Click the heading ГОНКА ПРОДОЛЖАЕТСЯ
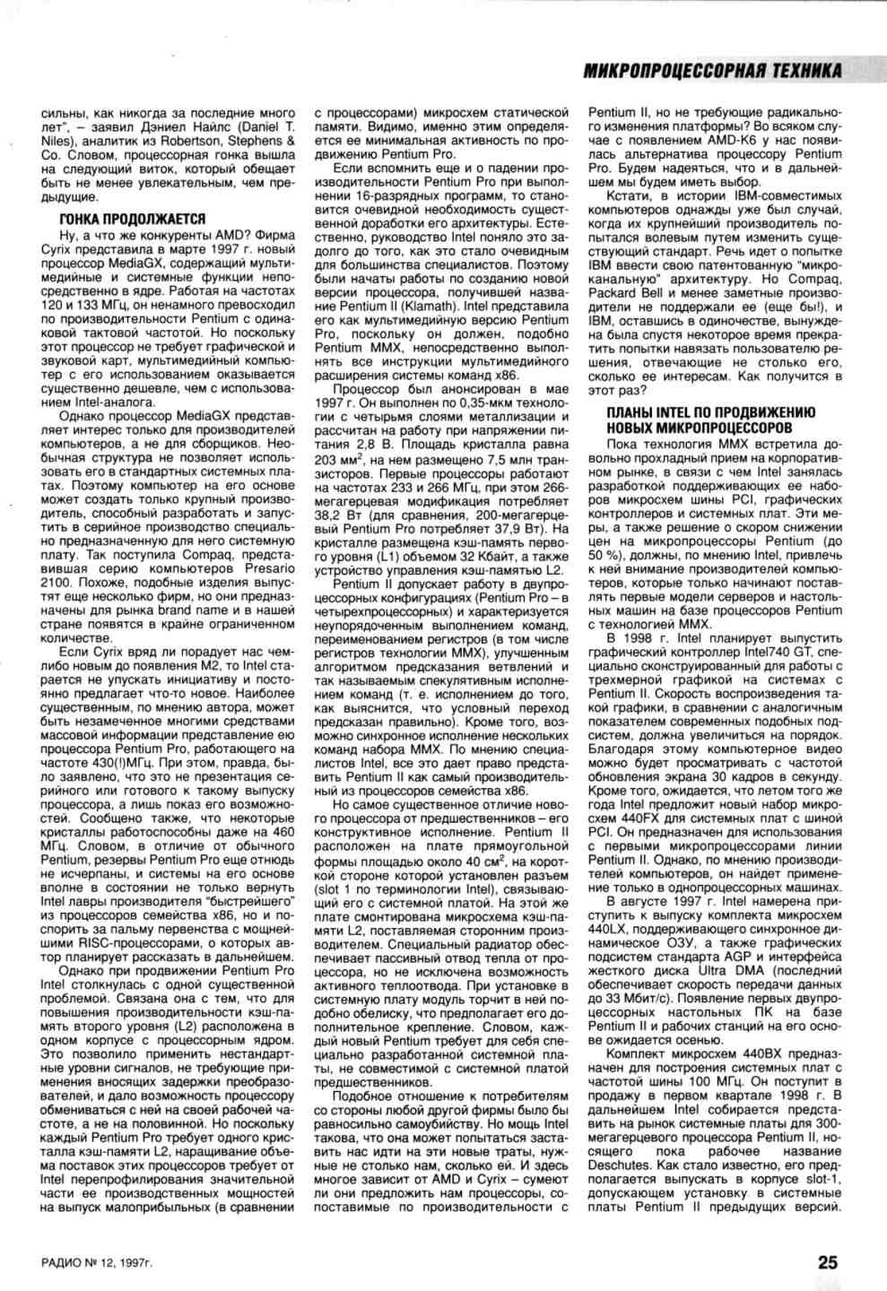(132, 220)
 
